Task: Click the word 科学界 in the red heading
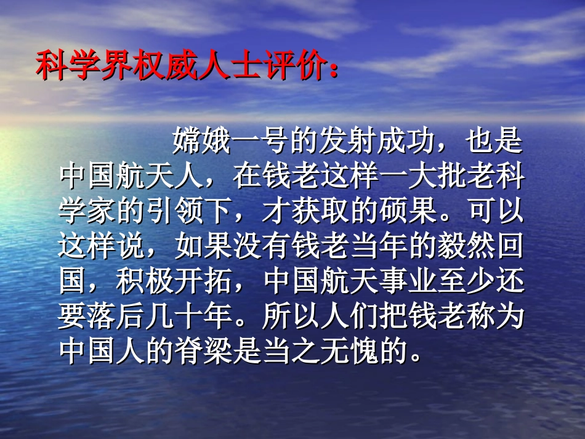tap(83, 66)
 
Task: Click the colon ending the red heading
tap(333, 69)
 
